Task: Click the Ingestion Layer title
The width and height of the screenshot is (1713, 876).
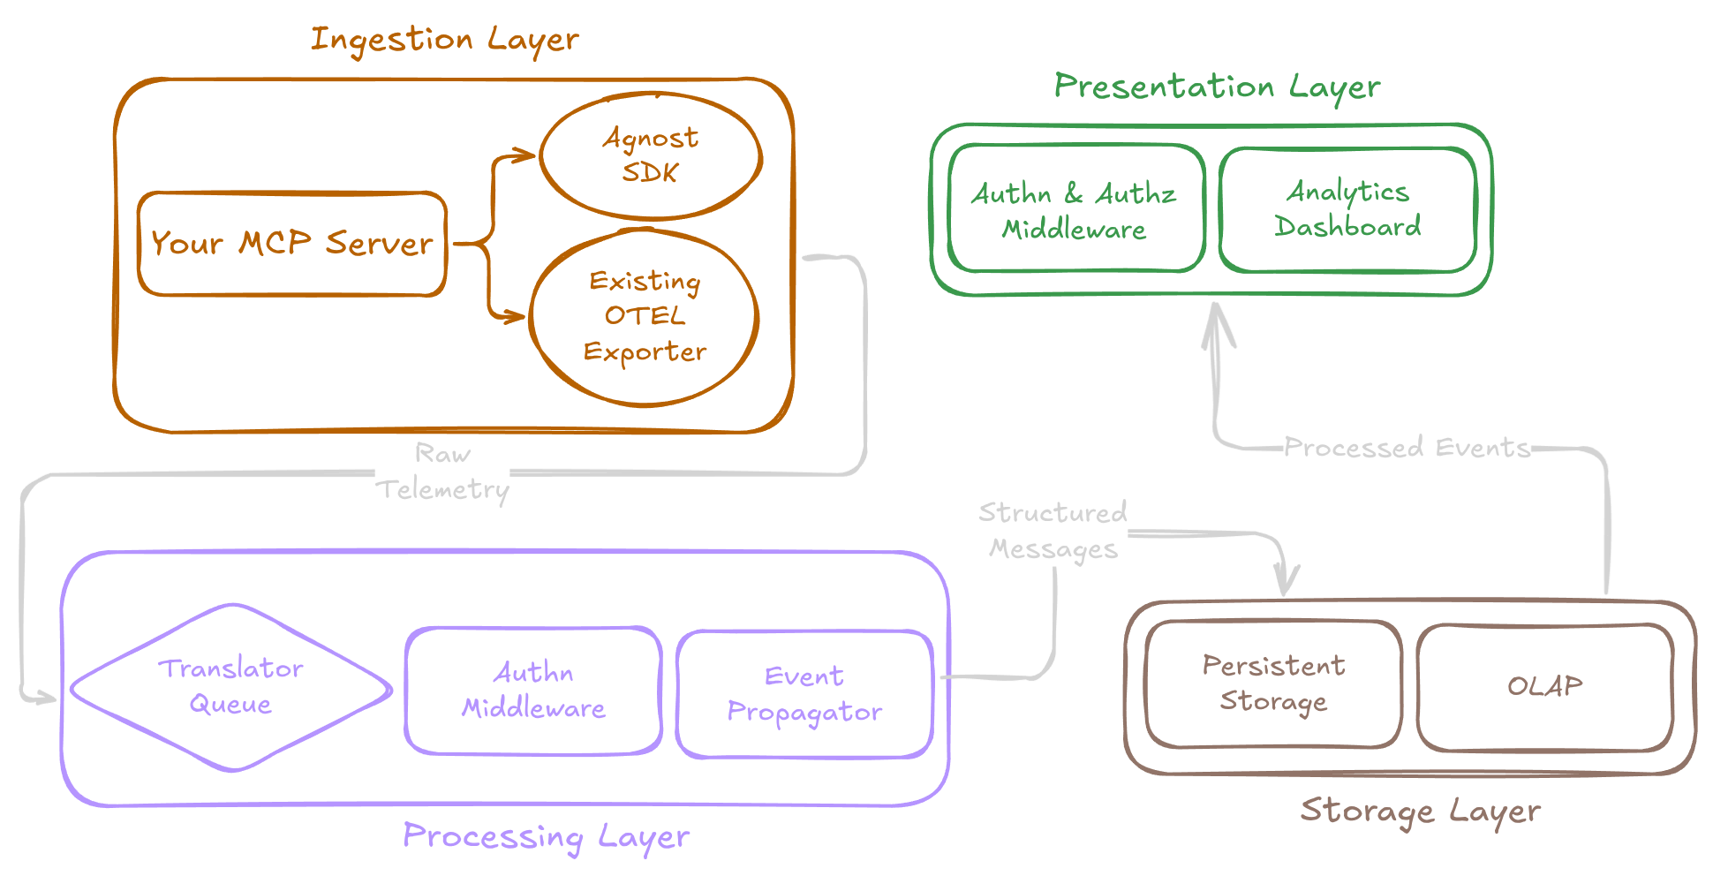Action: (x=444, y=40)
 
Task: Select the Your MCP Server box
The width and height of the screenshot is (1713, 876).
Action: (x=292, y=243)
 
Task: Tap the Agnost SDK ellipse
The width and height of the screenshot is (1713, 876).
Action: (x=651, y=155)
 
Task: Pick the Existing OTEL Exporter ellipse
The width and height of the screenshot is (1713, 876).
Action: (x=645, y=316)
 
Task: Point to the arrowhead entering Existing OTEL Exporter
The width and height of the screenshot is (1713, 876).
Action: (x=517, y=315)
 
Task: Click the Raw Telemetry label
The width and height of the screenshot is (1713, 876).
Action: (x=442, y=472)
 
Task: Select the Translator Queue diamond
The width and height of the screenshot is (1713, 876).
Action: (x=231, y=687)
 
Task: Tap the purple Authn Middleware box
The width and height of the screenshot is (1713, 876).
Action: (x=533, y=691)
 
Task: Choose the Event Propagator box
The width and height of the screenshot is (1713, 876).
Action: (x=804, y=694)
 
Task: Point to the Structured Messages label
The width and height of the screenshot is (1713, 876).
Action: (x=1053, y=531)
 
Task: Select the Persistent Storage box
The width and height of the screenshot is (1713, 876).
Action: (x=1273, y=683)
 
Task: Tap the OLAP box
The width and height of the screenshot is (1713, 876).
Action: (x=1544, y=686)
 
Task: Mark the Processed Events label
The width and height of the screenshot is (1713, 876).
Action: (x=1406, y=448)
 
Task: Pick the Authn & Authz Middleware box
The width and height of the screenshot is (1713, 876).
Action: (x=1075, y=210)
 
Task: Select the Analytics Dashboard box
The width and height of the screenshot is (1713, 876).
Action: (x=1347, y=209)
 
